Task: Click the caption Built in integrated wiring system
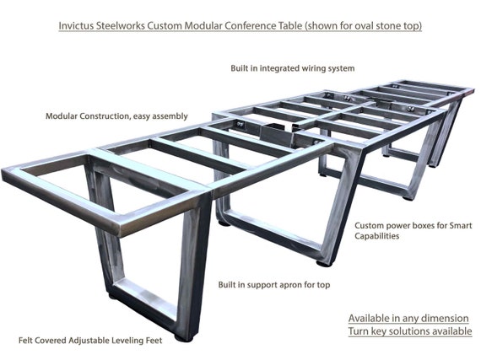click(x=293, y=68)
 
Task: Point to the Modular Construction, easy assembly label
click(x=116, y=116)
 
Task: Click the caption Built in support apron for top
click(x=274, y=285)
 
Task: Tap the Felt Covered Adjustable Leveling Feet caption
click(x=90, y=341)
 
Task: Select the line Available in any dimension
click(x=408, y=319)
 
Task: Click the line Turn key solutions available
click(x=410, y=331)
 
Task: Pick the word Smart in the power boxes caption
click(x=461, y=226)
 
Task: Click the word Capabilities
click(x=377, y=236)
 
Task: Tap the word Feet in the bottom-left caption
click(x=154, y=341)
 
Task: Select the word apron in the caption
click(x=291, y=285)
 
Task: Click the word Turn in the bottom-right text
click(x=359, y=331)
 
